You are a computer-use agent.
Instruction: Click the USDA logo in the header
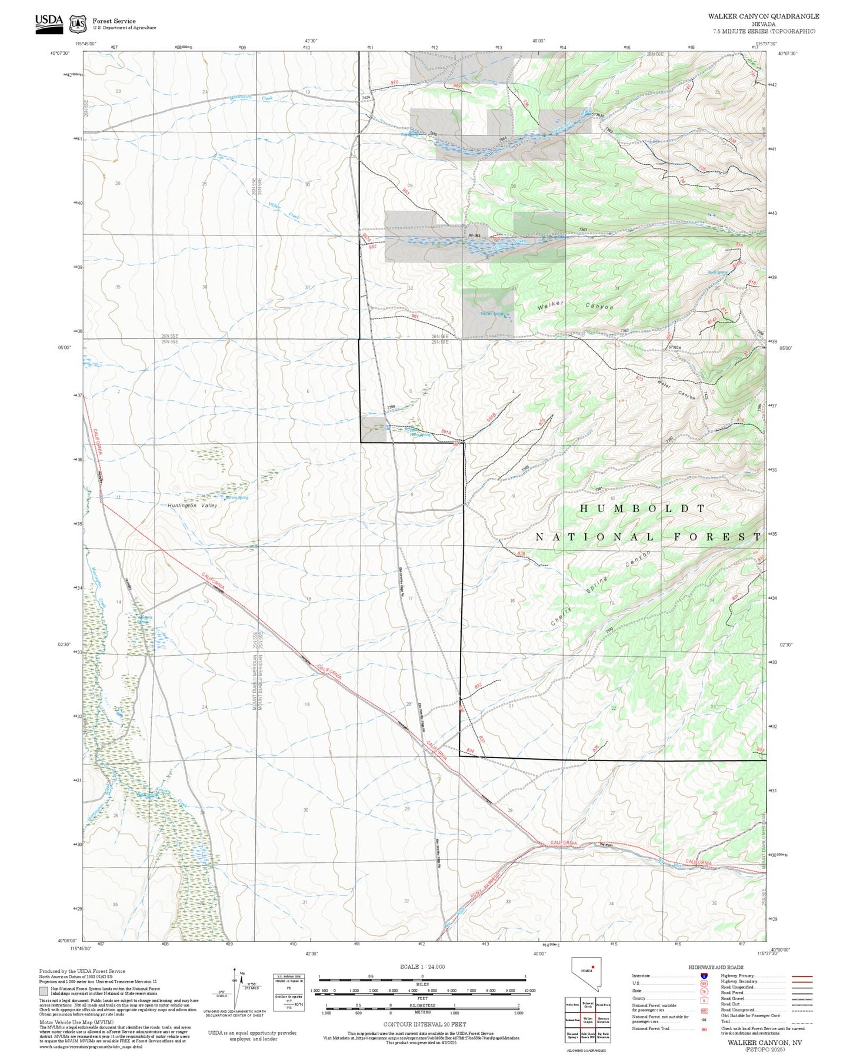pyautogui.click(x=49, y=22)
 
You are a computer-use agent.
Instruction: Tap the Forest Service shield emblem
pyautogui.click(x=77, y=24)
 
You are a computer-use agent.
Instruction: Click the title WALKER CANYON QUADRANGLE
pyautogui.click(x=763, y=16)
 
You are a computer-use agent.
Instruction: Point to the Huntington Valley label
pyautogui.click(x=192, y=506)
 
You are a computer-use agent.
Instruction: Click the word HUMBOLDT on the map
pyautogui.click(x=642, y=508)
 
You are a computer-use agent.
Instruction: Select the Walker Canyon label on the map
pyautogui.click(x=575, y=305)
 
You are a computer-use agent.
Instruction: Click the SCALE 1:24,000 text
pyautogui.click(x=422, y=967)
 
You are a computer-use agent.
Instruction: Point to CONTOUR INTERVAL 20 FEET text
pyautogui.click(x=424, y=1025)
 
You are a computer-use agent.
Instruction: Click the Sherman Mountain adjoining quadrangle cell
pyautogui.click(x=602, y=1020)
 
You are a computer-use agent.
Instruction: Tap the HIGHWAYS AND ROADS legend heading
pyautogui.click(x=715, y=967)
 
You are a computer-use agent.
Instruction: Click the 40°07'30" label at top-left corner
pyautogui.click(x=61, y=53)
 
